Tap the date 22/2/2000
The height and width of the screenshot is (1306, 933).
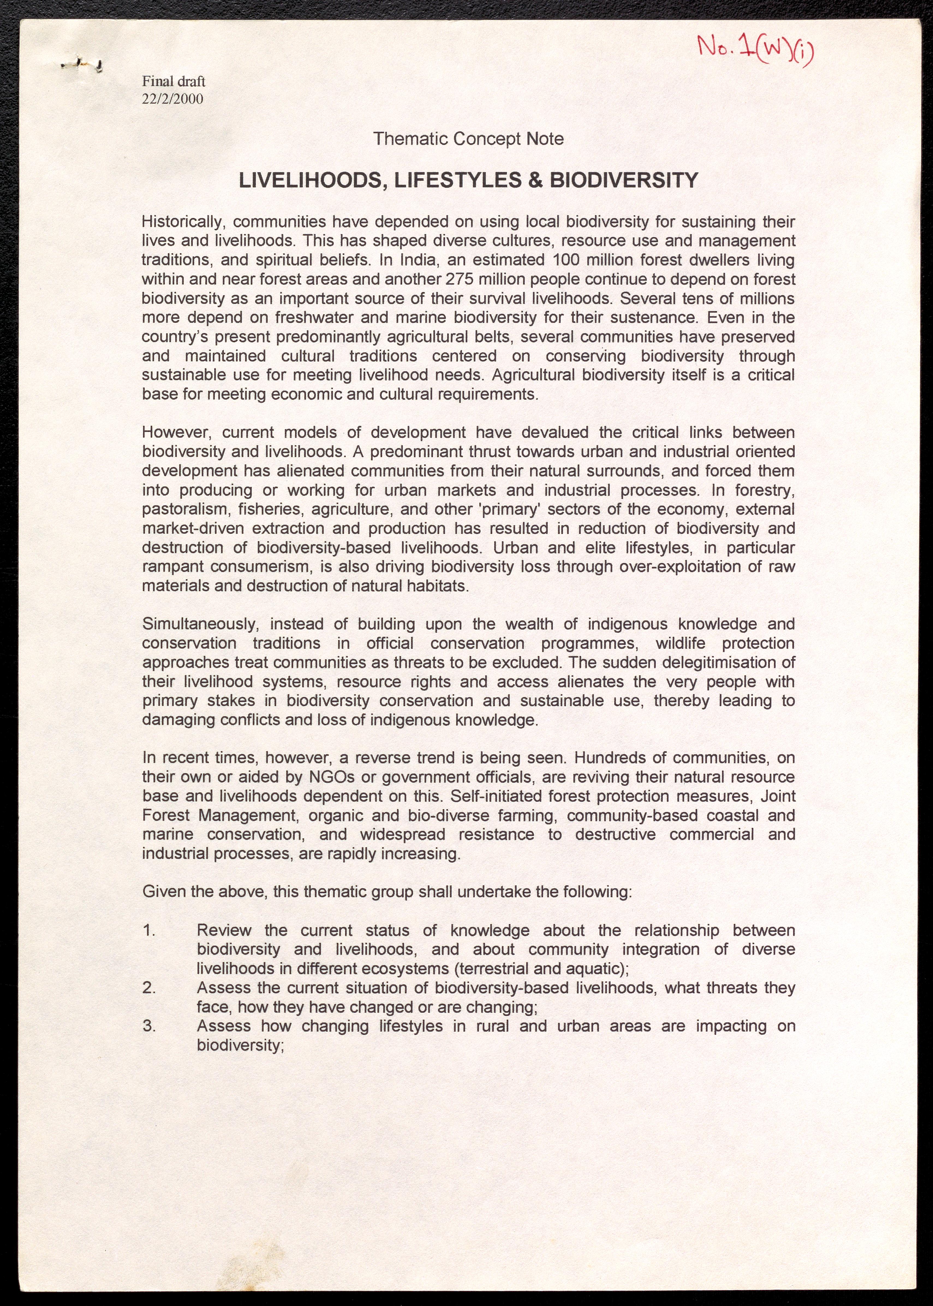pyautogui.click(x=172, y=99)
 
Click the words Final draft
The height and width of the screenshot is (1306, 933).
pyautogui.click(x=174, y=82)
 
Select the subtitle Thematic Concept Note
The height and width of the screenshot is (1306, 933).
pyautogui.click(x=468, y=139)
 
